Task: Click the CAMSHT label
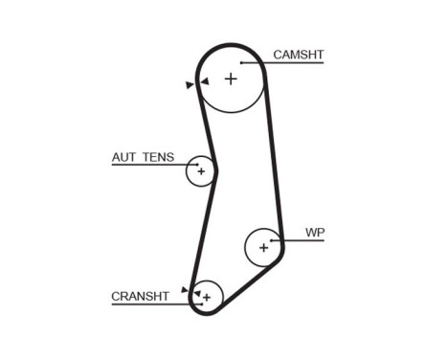coord(297,55)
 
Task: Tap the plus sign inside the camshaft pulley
coord(231,79)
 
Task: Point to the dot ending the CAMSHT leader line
coord(243,63)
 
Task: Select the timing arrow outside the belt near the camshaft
coord(190,85)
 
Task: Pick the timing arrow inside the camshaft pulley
coord(203,83)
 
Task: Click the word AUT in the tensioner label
coord(125,156)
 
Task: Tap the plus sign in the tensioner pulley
coord(201,171)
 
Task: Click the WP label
coord(314,232)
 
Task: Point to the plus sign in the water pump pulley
coord(263,248)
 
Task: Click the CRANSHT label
coord(140,297)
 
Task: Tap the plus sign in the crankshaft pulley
coord(206,298)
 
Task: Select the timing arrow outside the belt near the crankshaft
coord(185,288)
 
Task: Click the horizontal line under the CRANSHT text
coord(144,304)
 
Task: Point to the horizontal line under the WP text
coord(306,240)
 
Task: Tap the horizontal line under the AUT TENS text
coord(144,165)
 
